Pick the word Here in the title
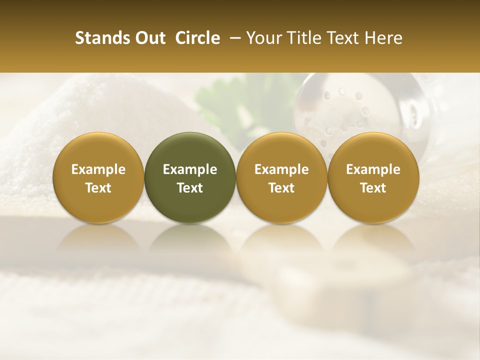[x=384, y=38]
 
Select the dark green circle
[x=190, y=177]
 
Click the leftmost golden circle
[x=98, y=177]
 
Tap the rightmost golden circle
[x=373, y=177]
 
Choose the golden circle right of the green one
[x=281, y=177]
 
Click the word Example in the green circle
[x=190, y=169]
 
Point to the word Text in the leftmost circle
[x=98, y=188]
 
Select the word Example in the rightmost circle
[x=373, y=169]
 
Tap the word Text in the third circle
[x=281, y=188]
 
